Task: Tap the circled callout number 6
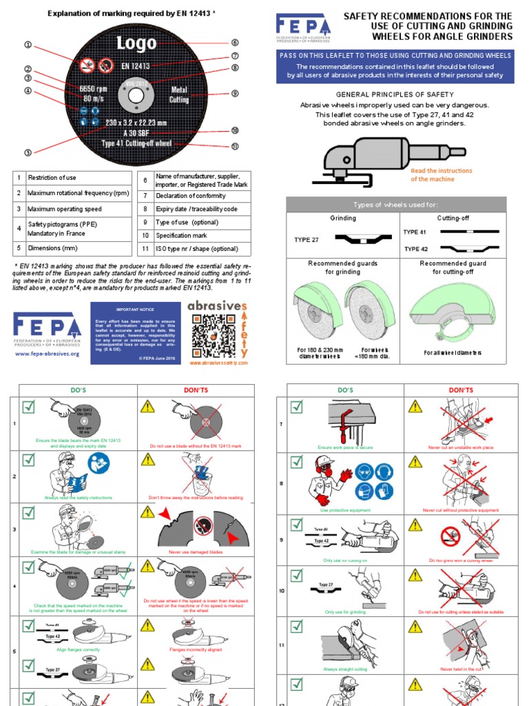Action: pos(235,43)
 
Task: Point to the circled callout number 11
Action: pos(235,146)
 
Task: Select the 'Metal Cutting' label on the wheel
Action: pos(179,94)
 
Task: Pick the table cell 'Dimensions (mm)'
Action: pos(52,248)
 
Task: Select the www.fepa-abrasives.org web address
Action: pos(47,354)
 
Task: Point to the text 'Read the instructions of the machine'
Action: pos(442,174)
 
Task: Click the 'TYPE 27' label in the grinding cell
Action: pos(307,240)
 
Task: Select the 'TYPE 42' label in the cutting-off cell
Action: pos(416,249)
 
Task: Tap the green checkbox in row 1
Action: pos(28,407)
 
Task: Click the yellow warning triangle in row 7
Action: pos(415,407)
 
